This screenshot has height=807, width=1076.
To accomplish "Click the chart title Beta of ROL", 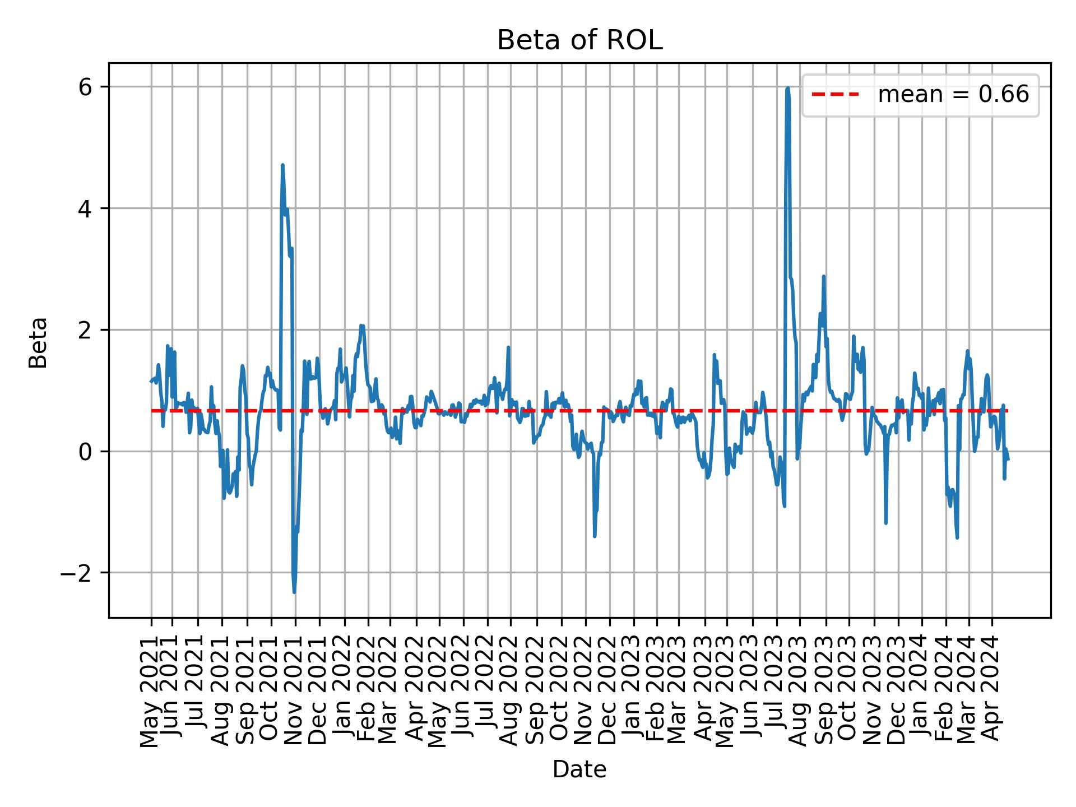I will [579, 41].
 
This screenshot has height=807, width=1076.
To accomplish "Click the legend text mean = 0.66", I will [953, 95].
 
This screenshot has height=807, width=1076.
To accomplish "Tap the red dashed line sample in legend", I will [835, 95].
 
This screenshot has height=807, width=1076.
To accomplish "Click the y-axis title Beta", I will [38, 342].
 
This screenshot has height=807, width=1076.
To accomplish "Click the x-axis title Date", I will [579, 770].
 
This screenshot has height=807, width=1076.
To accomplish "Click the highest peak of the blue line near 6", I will [787, 89].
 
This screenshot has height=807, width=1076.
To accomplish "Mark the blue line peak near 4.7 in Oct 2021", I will [282, 165].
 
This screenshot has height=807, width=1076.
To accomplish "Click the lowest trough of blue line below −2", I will [294, 592].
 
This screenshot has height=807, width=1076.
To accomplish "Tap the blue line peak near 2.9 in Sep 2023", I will [823, 276].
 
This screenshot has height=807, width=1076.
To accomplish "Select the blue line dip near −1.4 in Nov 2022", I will [595, 536].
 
